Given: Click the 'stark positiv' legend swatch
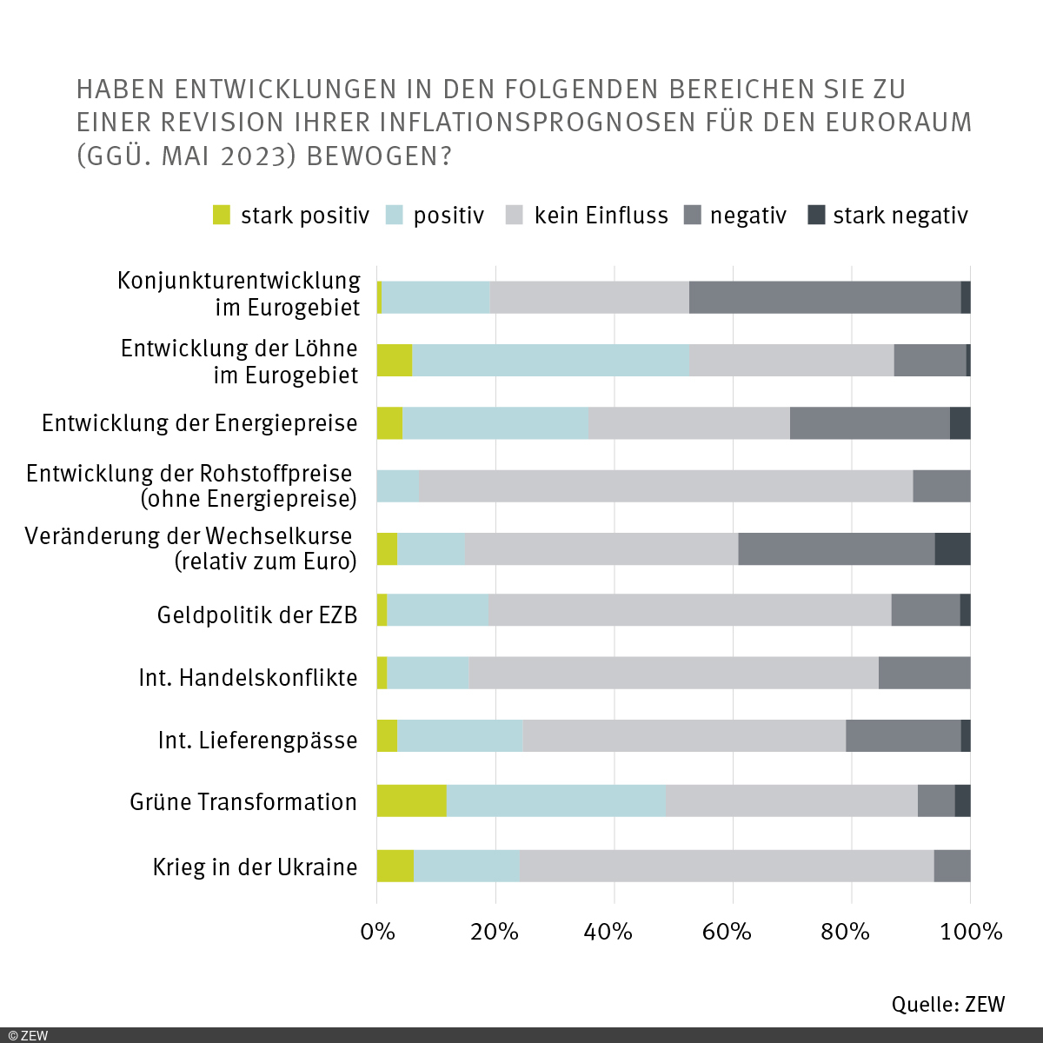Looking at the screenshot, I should click(x=222, y=215).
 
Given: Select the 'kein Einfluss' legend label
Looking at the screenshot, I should click(x=601, y=216).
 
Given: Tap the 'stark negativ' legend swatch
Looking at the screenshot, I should click(x=816, y=215).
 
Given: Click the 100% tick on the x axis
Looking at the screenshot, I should click(x=972, y=932).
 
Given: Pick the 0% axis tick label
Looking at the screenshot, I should click(x=377, y=932).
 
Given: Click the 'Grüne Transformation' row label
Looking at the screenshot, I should click(x=243, y=801).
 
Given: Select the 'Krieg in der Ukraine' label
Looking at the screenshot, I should click(x=255, y=867).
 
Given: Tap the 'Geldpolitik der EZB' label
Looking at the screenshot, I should click(x=257, y=615).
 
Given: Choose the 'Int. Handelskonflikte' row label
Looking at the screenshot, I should click(x=248, y=678).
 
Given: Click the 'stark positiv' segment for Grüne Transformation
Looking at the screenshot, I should click(x=411, y=801).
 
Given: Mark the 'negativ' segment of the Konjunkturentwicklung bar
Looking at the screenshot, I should click(x=825, y=297).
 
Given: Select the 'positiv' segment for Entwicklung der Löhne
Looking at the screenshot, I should click(x=551, y=360).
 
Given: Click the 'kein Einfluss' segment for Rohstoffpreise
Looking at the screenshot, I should click(x=666, y=486).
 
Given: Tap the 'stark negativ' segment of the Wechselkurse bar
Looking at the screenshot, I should click(x=953, y=548).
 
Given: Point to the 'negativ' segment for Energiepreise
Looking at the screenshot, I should click(x=869, y=422).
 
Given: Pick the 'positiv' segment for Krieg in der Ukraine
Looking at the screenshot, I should click(x=466, y=866).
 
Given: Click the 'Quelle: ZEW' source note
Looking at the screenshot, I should click(x=947, y=1004).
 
